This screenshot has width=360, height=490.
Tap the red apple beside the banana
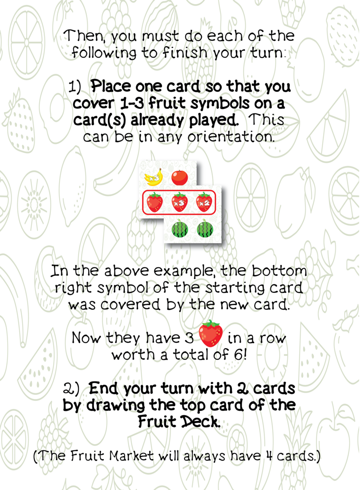180,177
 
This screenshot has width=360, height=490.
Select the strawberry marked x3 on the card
180,202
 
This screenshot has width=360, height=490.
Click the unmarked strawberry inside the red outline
154,202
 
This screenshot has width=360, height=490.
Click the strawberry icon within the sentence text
211,333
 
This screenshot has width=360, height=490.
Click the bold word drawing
113,405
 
